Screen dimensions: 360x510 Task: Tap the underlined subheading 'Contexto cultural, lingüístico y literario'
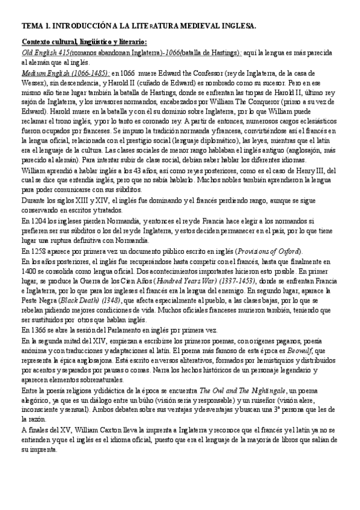coord(83,41)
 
